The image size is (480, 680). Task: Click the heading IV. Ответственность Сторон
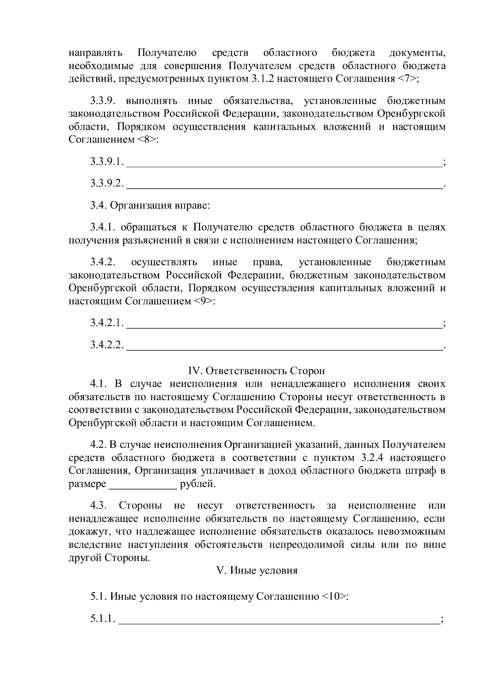[x=256, y=370]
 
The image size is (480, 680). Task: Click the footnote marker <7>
[x=408, y=78]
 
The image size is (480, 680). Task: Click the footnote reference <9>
[x=204, y=301]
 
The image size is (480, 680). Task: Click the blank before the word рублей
[x=143, y=485]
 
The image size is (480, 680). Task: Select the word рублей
[x=198, y=484]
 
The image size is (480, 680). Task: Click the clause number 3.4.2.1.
[x=107, y=323]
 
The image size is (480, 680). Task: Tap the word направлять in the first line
[x=95, y=52]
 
